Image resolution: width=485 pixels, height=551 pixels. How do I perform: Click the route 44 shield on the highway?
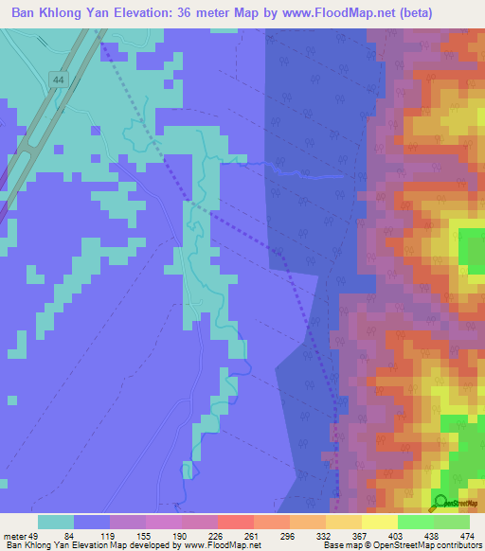pos(60,81)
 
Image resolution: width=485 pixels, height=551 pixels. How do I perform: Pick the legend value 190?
pos(183,535)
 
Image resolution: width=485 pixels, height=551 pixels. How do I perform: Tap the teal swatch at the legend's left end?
pos(56,522)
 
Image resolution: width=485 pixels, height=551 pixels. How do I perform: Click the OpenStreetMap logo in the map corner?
pos(441,503)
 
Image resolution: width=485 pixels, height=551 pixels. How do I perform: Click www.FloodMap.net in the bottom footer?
pos(215,545)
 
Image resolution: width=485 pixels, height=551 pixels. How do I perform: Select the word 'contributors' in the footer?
pos(456,545)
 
